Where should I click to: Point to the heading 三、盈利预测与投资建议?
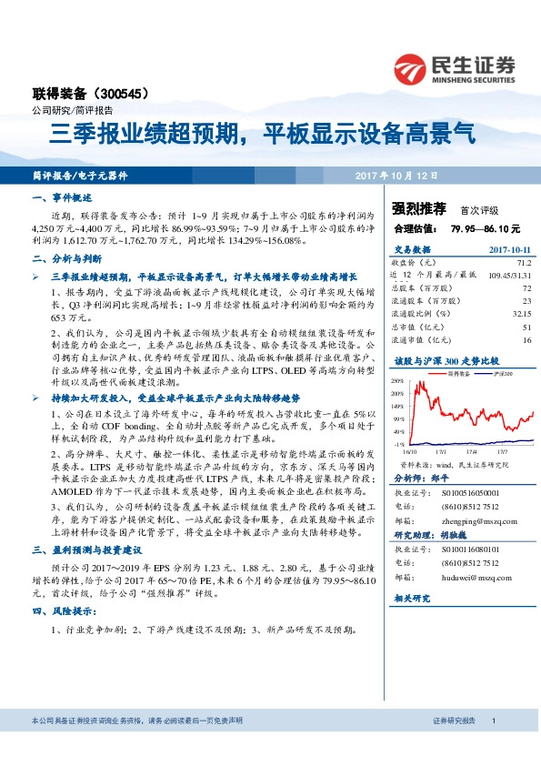tap(83, 576)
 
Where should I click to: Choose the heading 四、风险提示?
tap(63, 611)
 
